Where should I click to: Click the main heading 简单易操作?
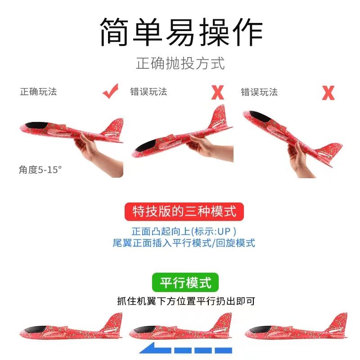coord(181,32)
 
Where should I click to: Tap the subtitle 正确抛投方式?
coord(180,63)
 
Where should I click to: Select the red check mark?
coord(111,91)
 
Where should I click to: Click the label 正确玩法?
coord(38,92)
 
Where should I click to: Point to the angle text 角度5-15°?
coord(40,170)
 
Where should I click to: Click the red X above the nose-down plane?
coord(218,93)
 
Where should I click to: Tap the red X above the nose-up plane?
coord(328,93)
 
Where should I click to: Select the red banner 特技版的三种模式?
coord(184,211)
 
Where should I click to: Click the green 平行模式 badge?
coord(185,283)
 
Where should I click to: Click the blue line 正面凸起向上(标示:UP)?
coord(184,231)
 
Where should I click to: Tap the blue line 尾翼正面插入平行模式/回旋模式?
coord(184,243)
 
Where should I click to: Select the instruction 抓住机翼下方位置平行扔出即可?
coord(186,301)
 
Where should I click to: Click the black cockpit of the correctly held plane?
coord(37,126)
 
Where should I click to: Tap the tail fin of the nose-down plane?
coord(219,117)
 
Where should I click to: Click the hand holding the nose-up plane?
coord(300,161)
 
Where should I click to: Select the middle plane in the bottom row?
coord(180,326)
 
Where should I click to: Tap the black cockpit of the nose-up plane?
coord(261,117)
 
